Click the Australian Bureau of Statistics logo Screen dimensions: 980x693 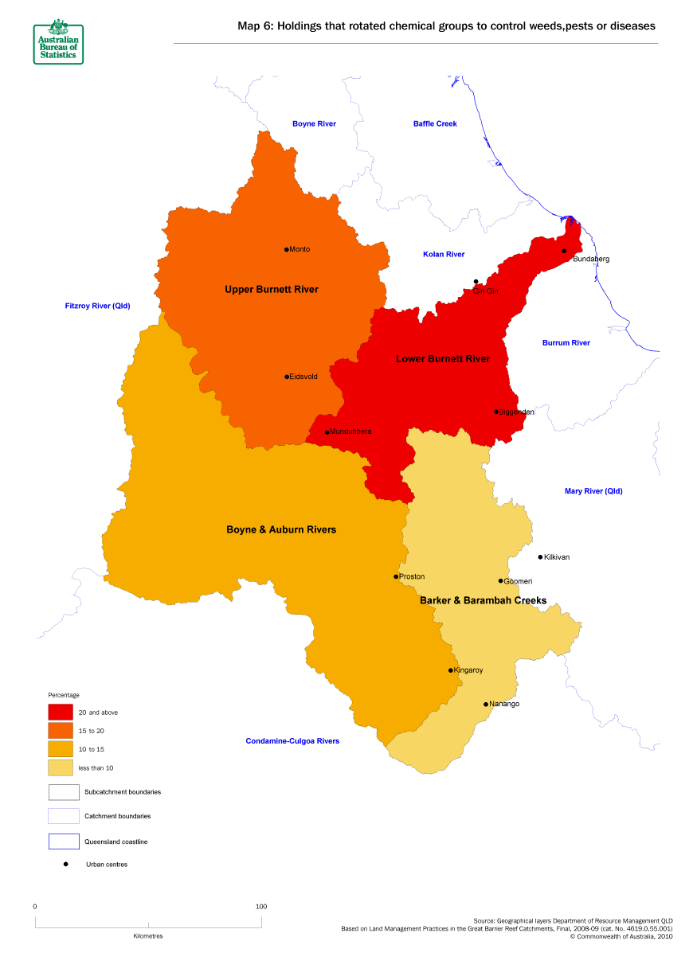point(58,41)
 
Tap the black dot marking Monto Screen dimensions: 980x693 point(286,249)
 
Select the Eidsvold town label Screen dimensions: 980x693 point(303,377)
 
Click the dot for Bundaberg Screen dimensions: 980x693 point(564,251)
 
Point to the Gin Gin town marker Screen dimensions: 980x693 point(476,281)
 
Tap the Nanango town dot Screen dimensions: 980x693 point(486,704)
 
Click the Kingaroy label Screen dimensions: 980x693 point(468,670)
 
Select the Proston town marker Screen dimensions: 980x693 point(396,576)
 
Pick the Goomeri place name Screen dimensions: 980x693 point(518,581)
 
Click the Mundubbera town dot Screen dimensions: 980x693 point(327,432)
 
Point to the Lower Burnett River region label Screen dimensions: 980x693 point(443,359)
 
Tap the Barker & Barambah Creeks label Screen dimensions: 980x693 point(483,600)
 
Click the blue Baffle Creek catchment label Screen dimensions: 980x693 point(435,123)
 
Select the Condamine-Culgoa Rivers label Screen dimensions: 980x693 point(292,741)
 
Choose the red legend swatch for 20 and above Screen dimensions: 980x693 point(64,712)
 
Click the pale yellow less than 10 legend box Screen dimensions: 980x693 point(64,767)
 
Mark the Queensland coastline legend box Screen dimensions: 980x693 point(64,841)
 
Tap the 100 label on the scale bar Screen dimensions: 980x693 point(260,907)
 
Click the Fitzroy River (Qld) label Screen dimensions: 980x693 point(97,306)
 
